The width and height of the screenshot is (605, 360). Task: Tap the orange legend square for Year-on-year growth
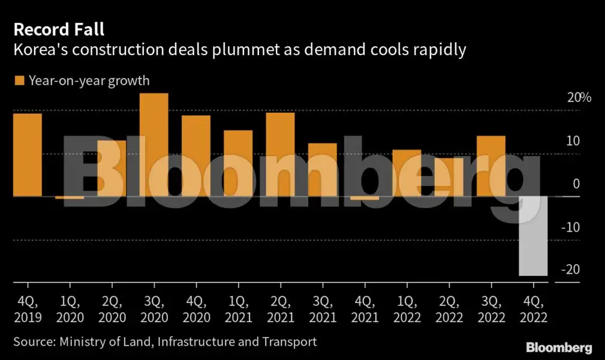tap(19, 80)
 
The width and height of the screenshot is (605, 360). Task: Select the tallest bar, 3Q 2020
tap(153, 145)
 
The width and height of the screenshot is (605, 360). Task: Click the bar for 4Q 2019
tap(27, 155)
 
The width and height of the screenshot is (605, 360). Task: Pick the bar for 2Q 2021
tap(280, 154)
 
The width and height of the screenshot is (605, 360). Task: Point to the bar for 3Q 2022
tap(490, 166)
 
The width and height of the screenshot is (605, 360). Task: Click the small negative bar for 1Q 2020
tap(70, 197)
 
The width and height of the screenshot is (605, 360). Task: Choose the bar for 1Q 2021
tap(238, 163)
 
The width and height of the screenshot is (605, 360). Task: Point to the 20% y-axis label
tap(579, 98)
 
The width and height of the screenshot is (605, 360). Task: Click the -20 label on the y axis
tap(571, 270)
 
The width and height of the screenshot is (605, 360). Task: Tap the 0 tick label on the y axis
tap(576, 184)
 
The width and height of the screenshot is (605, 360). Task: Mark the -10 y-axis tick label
tap(570, 227)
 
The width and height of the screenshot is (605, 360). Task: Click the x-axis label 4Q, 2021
tap(365, 308)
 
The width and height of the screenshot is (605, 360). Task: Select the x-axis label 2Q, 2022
tap(449, 308)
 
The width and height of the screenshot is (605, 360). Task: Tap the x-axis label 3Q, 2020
tap(153, 308)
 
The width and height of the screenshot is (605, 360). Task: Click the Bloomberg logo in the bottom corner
tap(559, 347)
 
